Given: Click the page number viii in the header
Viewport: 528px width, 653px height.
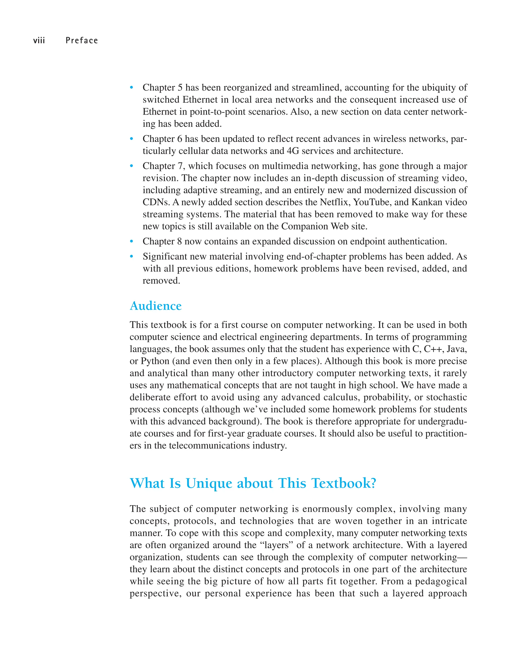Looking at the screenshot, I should [39, 41].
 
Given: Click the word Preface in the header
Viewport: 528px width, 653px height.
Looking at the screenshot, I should [82, 41].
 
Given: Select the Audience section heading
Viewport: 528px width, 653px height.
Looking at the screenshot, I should [155, 306].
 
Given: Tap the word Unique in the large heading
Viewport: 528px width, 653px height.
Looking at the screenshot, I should [209, 483].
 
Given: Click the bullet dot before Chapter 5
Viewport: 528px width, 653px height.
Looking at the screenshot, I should [131, 88].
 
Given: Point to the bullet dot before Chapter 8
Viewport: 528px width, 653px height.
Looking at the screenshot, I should [131, 241].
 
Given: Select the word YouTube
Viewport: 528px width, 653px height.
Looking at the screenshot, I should [372, 202].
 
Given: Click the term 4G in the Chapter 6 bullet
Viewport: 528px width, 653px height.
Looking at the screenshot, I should [293, 151].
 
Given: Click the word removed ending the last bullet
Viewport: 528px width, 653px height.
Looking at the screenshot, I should [161, 281].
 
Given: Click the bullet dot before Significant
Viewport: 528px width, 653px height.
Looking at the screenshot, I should [131, 257].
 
